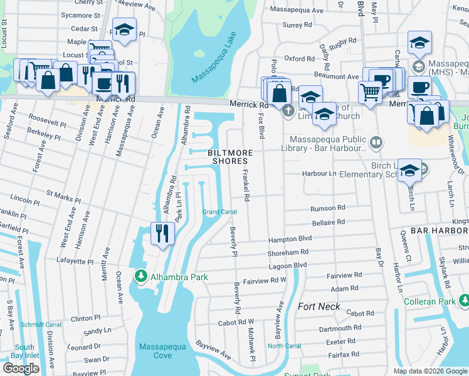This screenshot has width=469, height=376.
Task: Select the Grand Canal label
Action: [219, 212]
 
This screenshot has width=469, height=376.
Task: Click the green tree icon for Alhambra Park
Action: [141, 276]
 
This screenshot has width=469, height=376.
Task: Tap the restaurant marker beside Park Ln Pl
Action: [162, 234]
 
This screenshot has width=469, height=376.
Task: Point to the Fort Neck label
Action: [319, 306]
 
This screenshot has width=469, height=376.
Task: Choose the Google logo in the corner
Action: [21, 368]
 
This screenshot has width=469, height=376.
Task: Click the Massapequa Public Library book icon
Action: [376, 143]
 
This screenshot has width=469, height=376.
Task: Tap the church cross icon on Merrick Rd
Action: [288, 112]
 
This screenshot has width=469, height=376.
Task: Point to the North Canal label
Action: [283, 346]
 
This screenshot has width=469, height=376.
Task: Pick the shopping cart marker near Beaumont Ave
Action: [371, 92]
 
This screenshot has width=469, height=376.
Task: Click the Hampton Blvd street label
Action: [290, 239]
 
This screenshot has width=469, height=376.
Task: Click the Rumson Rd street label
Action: [328, 208]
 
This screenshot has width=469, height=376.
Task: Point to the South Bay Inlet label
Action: [25, 352]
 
